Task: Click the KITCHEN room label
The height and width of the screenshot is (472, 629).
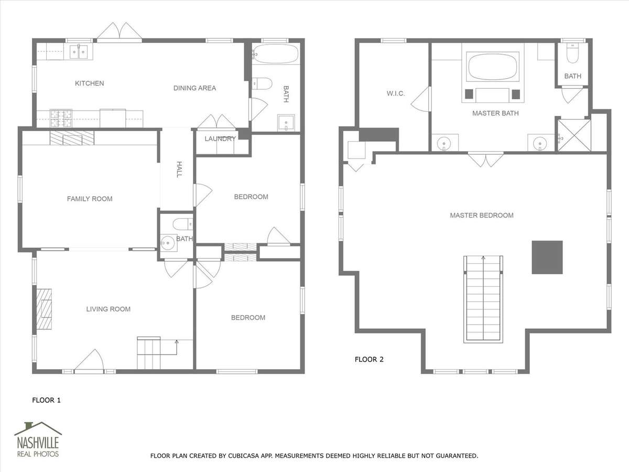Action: tap(90, 83)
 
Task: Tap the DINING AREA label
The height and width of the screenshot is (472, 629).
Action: tap(194, 88)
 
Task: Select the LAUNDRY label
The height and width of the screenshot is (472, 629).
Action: tap(220, 139)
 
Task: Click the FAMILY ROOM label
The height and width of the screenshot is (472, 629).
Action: tap(90, 199)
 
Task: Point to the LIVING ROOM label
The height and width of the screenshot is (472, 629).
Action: tap(109, 309)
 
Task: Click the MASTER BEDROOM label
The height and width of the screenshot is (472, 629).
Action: tap(482, 216)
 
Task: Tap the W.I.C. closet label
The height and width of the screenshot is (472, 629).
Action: tap(396, 93)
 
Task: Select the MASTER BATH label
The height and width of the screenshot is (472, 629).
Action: tap(495, 113)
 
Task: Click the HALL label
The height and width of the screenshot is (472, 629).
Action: tap(179, 169)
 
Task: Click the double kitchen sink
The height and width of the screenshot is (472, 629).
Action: tap(79, 52)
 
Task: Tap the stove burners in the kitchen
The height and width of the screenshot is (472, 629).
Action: tap(61, 119)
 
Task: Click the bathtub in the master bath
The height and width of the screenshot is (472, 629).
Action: tap(493, 67)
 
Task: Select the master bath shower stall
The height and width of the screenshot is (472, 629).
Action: tap(574, 135)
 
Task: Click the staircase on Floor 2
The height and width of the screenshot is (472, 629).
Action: tap(483, 299)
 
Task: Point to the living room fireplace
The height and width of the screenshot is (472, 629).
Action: tap(44, 309)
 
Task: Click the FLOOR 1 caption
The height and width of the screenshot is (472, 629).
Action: tap(47, 400)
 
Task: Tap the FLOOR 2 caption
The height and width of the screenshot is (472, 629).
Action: tap(369, 359)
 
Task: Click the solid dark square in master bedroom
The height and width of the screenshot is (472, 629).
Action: tap(547, 258)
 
